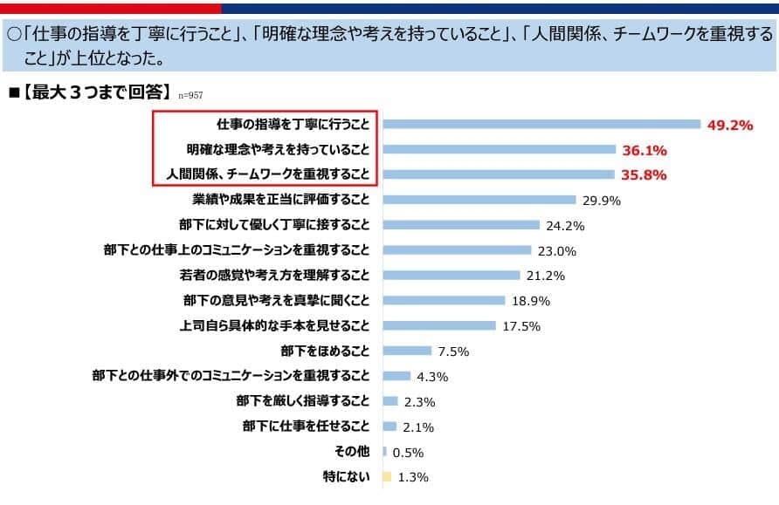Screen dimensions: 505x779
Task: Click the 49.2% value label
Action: coord(729,125)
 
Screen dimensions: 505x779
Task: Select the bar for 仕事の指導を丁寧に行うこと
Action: coord(542,125)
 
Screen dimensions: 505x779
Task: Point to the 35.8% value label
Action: coord(643,175)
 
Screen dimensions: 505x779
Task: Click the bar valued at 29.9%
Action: coord(479,201)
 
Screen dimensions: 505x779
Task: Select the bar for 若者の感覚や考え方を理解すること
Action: coord(452,276)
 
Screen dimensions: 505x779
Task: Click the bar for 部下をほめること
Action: coord(407,351)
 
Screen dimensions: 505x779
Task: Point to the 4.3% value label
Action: coord(433,377)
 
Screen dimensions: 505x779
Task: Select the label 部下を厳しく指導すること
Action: coord(302,402)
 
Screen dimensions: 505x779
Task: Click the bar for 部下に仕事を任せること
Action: coord(389,427)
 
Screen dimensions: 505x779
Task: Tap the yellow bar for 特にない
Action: coord(386,477)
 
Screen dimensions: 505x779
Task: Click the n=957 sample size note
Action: coord(190,95)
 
